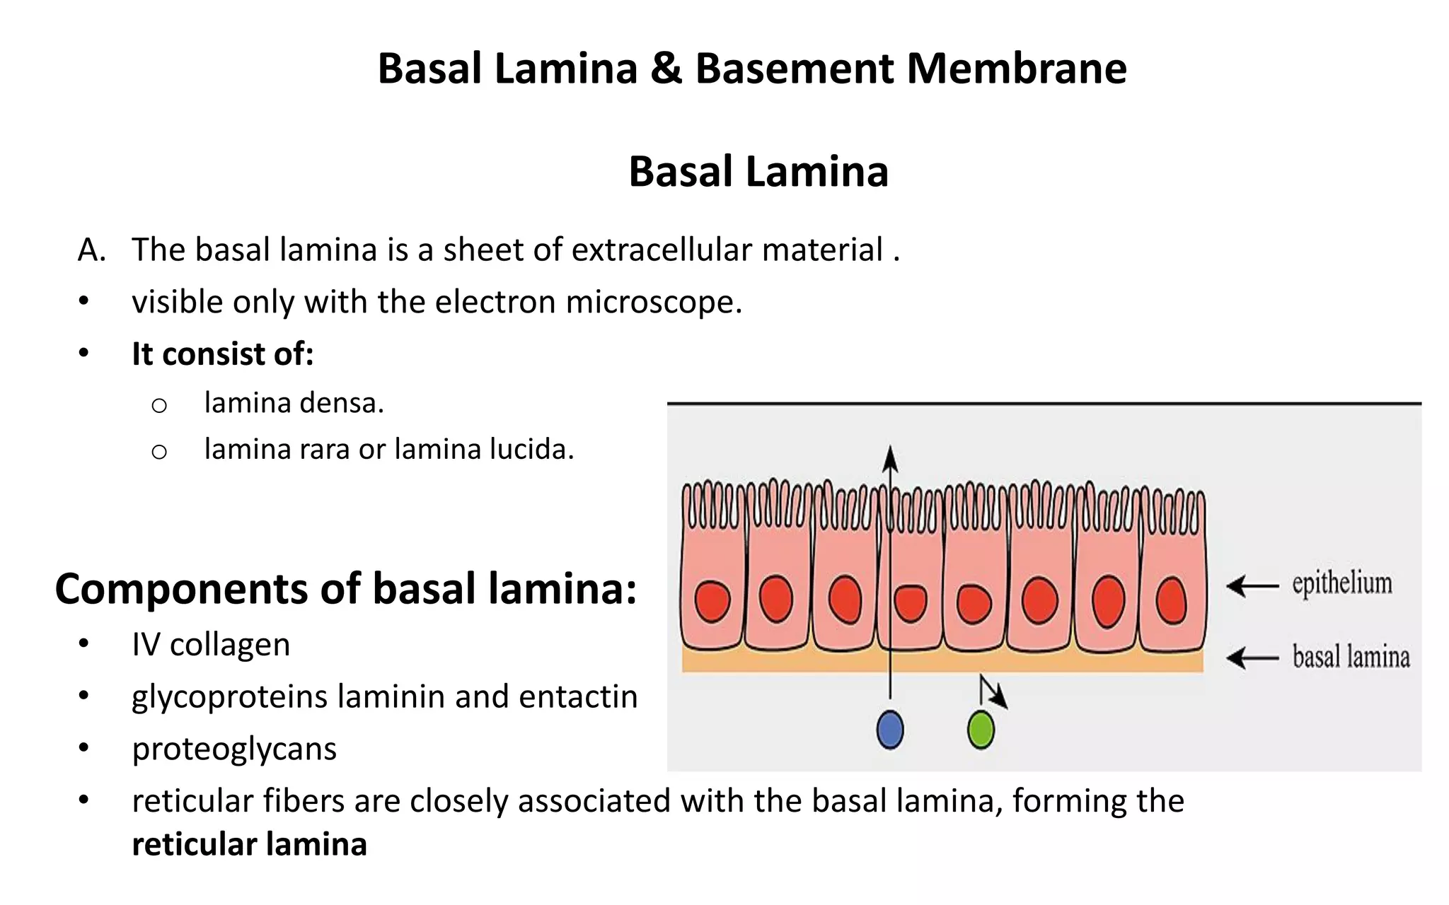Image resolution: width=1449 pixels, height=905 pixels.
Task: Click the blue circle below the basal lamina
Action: click(x=889, y=730)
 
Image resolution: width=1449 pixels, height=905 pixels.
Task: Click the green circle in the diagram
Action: click(x=981, y=730)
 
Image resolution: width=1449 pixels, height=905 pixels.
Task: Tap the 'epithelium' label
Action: click(x=1341, y=584)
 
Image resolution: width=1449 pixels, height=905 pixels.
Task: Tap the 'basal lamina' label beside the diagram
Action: click(x=1350, y=657)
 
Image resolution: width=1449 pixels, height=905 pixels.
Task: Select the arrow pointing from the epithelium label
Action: click(x=1252, y=586)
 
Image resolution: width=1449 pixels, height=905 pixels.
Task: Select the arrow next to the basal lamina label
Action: click(x=1252, y=658)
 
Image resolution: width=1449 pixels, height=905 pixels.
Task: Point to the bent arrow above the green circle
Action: click(x=992, y=691)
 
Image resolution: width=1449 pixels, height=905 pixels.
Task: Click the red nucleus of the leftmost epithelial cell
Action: click(x=712, y=601)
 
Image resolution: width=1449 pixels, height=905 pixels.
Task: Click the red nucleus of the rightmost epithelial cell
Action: click(x=1171, y=600)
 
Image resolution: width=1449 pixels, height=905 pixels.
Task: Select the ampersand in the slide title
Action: click(x=666, y=69)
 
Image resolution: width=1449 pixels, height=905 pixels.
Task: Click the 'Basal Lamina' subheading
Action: click(x=758, y=172)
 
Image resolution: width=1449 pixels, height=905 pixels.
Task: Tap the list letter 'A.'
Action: click(x=92, y=250)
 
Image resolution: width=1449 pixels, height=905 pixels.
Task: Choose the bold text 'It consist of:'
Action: click(x=222, y=354)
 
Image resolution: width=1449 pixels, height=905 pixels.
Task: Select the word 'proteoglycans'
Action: click(x=234, y=749)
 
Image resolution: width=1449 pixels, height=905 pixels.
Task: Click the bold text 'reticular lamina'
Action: click(x=249, y=844)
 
